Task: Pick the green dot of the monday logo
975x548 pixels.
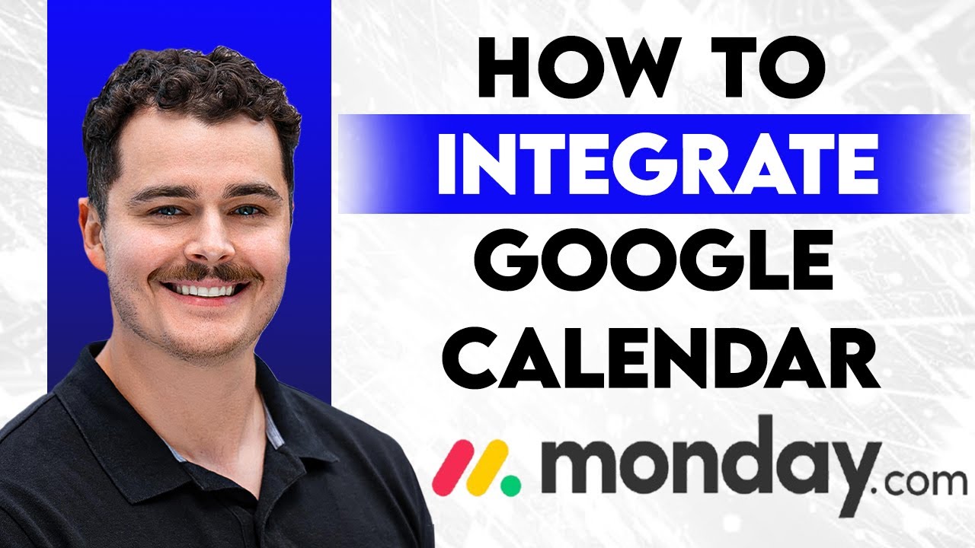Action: click(510, 481)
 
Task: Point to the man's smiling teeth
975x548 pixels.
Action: click(206, 290)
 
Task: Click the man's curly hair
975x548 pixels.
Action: click(190, 91)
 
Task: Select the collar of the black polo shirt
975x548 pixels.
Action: click(251, 411)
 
